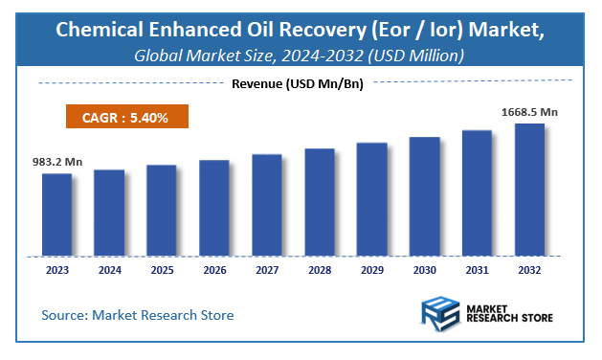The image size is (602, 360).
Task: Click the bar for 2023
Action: (x=56, y=214)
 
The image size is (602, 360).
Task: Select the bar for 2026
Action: (x=214, y=208)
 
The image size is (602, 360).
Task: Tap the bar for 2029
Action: (x=371, y=199)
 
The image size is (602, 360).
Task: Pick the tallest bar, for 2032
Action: (x=529, y=190)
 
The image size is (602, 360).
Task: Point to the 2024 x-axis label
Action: (x=109, y=271)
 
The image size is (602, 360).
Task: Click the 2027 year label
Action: (x=267, y=271)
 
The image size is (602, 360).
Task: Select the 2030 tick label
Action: (x=424, y=271)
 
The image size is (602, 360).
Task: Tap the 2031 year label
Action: (x=477, y=271)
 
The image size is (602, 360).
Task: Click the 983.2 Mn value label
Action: (x=56, y=162)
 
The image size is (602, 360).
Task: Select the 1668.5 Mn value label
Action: (x=529, y=112)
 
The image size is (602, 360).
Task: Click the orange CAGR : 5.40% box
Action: (x=126, y=118)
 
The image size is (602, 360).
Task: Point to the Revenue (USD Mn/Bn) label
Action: (x=301, y=83)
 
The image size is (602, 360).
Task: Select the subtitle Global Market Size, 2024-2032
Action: (x=254, y=56)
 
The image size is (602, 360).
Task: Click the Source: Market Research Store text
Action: (x=137, y=314)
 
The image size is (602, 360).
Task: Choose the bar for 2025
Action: (x=162, y=211)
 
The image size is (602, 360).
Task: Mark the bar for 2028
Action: (x=320, y=202)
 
